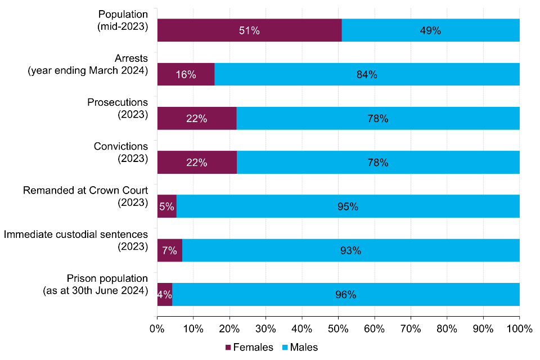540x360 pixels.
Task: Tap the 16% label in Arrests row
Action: pos(186,75)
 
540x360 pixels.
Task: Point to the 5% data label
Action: pos(167,206)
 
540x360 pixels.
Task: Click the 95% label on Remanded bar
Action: pos(348,206)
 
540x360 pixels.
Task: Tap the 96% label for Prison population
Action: pos(345,294)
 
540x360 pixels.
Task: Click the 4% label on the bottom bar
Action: pos(165,294)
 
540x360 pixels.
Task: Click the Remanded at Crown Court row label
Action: pos(85,196)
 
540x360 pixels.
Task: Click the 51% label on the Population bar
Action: pos(249,31)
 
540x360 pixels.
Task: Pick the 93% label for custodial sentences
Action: pos(350,250)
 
